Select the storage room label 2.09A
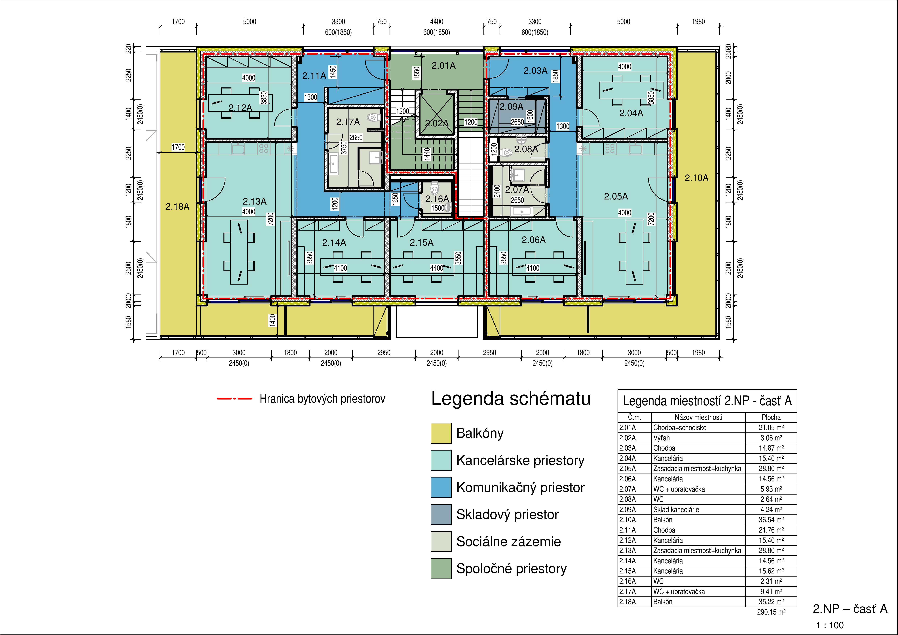511,106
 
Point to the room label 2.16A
437,199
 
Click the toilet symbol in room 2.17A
373,117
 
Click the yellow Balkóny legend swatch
441,433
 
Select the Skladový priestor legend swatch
441,514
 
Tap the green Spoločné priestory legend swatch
441,568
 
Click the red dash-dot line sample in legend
234,399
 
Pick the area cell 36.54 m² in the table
771,520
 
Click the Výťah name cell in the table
661,438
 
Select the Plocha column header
771,417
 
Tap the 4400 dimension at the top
436,22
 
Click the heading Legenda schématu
511,399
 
